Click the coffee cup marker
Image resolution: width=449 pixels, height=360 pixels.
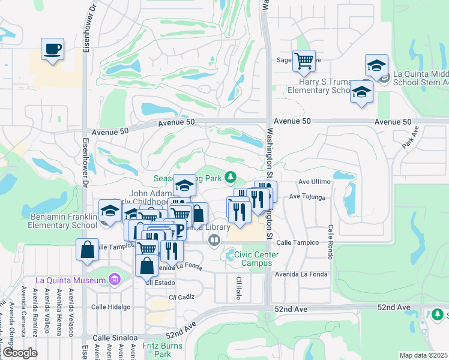point(52,49)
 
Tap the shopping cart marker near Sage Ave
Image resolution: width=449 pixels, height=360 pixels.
point(304,61)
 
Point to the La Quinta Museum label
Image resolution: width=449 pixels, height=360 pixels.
point(70,280)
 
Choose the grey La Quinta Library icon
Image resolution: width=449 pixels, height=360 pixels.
point(214,241)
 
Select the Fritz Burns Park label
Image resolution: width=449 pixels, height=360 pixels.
point(157,350)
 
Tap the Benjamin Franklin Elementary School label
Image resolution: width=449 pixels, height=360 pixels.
point(62,220)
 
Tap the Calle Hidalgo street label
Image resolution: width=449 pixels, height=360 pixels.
point(110,307)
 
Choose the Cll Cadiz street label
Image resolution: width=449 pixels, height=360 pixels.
point(181,296)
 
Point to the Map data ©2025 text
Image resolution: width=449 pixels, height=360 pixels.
point(423,355)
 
